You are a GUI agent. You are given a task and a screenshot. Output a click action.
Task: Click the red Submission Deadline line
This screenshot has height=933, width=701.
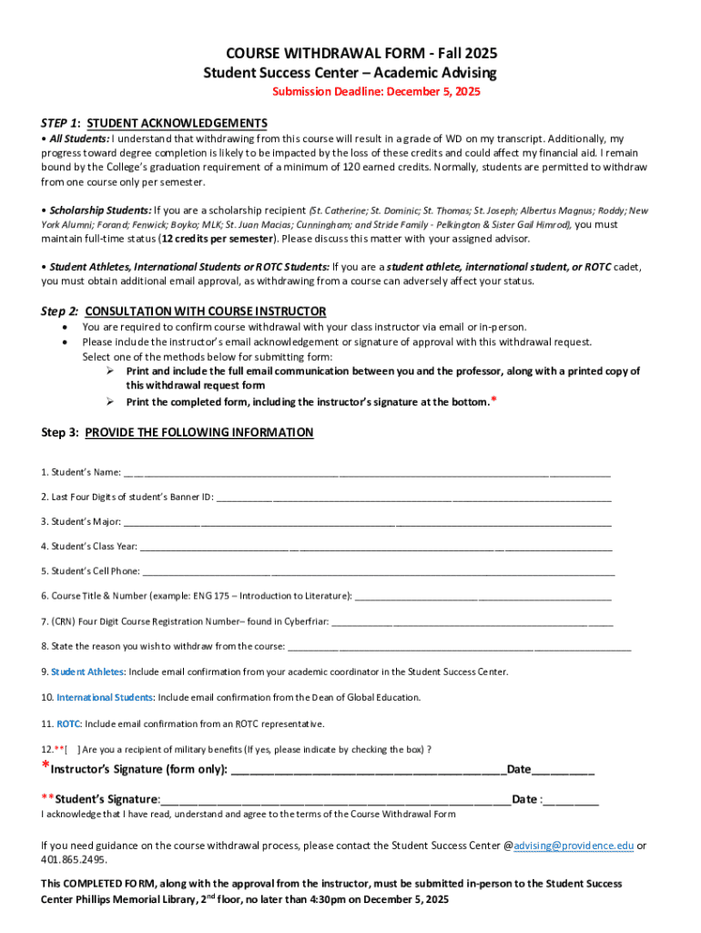click(377, 92)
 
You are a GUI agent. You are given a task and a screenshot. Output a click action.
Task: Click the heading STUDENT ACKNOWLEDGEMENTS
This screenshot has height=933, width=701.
click(177, 123)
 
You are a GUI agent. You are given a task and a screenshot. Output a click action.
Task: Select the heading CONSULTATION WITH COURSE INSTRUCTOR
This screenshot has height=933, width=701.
click(206, 311)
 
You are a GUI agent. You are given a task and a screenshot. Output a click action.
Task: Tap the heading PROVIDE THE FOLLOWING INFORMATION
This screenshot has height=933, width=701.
click(199, 433)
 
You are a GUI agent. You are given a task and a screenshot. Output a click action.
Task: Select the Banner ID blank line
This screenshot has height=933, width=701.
click(414, 498)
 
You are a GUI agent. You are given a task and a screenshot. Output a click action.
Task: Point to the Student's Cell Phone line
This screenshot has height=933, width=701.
click(378, 573)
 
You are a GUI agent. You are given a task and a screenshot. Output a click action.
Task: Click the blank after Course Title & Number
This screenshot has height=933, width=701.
click(483, 598)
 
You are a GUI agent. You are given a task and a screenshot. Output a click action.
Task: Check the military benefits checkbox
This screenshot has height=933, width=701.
click(71, 750)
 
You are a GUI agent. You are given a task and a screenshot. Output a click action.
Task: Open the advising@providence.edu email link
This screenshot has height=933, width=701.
click(574, 846)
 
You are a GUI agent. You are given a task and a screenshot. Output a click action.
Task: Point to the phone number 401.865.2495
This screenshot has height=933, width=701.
click(74, 860)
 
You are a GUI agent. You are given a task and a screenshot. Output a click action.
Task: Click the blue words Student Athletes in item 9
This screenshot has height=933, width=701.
click(87, 672)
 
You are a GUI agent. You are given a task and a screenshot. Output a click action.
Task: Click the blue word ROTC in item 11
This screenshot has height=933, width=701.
click(68, 724)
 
